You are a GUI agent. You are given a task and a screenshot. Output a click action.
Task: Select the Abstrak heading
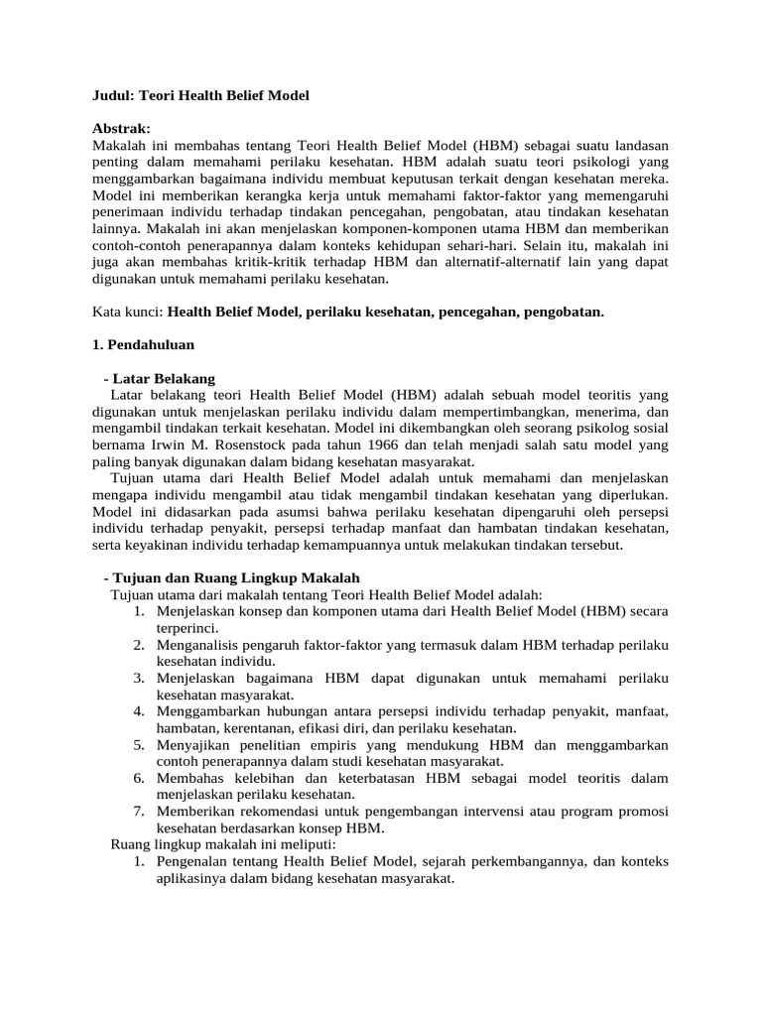121,129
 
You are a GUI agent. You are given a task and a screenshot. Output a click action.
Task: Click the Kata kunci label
126,312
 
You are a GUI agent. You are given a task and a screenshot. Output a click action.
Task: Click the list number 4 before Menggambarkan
140,711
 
